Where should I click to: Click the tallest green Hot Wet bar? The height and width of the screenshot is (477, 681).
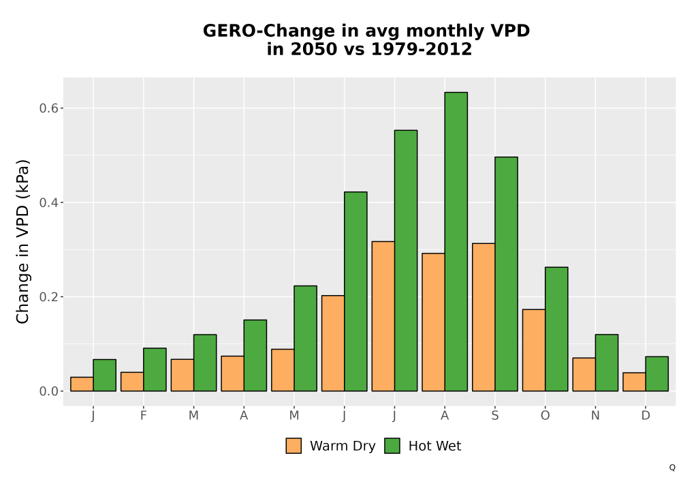click(x=456, y=241)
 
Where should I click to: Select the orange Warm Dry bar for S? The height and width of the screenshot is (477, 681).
click(x=484, y=317)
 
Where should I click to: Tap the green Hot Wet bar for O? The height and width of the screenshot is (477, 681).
click(x=556, y=329)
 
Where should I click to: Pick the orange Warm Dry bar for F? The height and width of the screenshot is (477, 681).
click(x=132, y=382)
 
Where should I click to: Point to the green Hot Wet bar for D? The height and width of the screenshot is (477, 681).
click(x=656, y=374)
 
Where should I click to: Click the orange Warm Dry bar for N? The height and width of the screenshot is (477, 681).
click(x=584, y=375)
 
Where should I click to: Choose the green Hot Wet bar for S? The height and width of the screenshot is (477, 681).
click(x=507, y=274)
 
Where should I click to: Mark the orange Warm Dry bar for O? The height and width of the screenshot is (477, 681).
click(x=534, y=350)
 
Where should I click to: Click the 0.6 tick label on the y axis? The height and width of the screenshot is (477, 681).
click(x=48, y=108)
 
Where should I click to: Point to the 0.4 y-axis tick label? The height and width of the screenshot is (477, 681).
click(x=48, y=202)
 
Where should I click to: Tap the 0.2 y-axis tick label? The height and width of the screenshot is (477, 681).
click(x=48, y=297)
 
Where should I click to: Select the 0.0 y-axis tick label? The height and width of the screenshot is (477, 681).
click(x=48, y=391)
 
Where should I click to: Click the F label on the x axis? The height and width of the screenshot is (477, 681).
click(x=143, y=416)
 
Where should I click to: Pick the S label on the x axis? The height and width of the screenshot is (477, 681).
click(x=495, y=416)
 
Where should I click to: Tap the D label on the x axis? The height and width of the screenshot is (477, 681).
click(x=646, y=416)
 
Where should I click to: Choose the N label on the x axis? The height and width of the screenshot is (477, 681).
click(x=595, y=416)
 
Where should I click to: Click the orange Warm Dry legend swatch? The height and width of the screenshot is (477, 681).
click(x=294, y=446)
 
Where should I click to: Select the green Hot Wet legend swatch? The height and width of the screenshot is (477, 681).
click(x=392, y=446)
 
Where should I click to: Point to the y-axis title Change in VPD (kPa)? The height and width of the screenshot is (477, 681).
click(x=22, y=242)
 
